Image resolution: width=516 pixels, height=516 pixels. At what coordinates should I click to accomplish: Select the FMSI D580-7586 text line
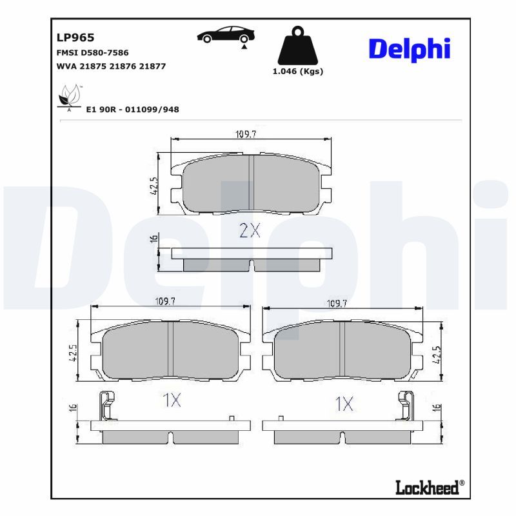93,52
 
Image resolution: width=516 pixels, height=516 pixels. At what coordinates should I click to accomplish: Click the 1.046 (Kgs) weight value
298,72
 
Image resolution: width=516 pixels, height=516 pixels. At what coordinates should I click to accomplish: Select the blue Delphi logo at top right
408,48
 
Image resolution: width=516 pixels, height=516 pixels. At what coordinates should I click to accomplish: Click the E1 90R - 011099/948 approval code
132,110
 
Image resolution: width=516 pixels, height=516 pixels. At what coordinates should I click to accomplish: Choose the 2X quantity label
249,231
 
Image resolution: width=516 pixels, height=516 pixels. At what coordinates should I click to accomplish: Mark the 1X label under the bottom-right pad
345,404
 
